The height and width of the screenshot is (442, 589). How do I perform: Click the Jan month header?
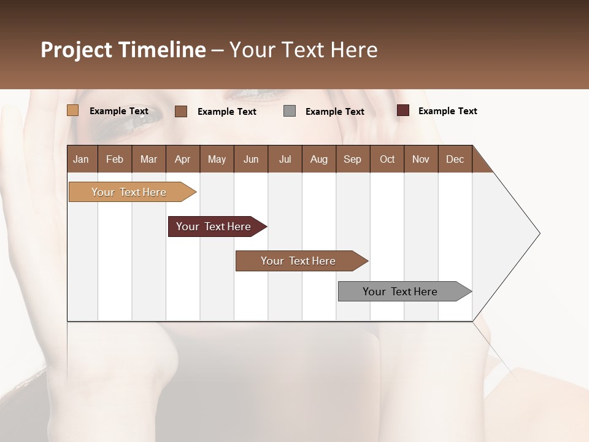[x=81, y=159]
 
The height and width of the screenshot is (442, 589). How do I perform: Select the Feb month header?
[x=115, y=159]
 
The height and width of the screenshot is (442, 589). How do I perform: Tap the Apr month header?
[x=182, y=159]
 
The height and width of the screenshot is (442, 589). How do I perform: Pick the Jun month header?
[x=251, y=159]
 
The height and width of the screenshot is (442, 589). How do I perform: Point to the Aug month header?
[x=318, y=159]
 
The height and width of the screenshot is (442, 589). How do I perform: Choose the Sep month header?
[x=352, y=159]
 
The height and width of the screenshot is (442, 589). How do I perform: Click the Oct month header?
[x=387, y=159]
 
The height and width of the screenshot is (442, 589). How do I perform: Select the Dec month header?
[x=455, y=159]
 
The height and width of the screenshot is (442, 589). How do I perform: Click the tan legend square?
[x=72, y=110]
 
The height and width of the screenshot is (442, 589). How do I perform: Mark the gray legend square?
[x=290, y=110]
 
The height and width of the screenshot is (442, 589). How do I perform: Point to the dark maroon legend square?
[x=402, y=110]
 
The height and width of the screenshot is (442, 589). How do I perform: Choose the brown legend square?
[x=181, y=111]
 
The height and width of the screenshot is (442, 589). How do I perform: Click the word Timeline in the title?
[x=162, y=50]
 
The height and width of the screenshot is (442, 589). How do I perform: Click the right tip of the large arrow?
[x=538, y=233]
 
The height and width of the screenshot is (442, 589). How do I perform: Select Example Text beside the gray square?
[x=334, y=112]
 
